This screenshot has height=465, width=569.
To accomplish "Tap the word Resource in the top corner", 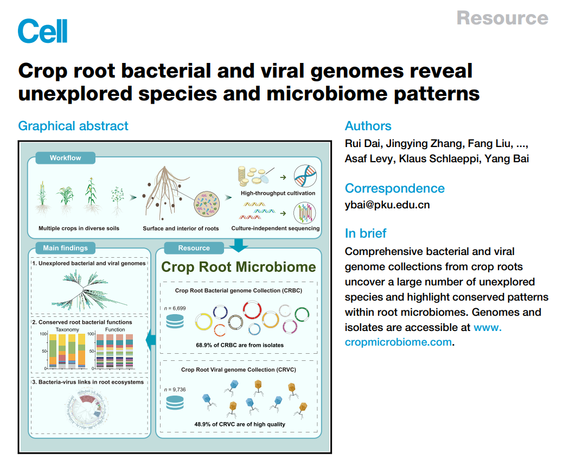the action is [502, 18].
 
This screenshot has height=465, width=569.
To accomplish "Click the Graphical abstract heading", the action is [73, 126].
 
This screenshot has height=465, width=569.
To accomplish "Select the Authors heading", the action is [368, 126].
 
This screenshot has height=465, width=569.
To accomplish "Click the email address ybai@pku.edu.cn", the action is [387, 205].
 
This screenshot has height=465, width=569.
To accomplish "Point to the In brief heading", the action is [366, 233].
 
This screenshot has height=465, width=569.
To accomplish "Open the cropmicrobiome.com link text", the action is [398, 342].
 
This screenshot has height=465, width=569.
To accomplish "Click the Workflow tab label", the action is [65, 158].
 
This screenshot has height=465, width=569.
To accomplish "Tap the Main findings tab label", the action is [65, 248].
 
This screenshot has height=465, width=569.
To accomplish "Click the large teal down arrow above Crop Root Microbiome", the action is [238, 246].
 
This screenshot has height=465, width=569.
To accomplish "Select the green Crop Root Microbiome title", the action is [239, 267].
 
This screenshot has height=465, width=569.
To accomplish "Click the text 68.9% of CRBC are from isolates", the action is [239, 345].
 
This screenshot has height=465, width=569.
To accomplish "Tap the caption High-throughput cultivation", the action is [278, 193].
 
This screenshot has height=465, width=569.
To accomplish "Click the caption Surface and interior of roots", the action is [181, 228].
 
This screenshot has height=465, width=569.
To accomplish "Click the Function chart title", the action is [115, 329].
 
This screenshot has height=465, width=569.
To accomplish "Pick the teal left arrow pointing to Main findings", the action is [151, 340].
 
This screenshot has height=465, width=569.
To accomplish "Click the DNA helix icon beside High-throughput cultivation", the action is [304, 177].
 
